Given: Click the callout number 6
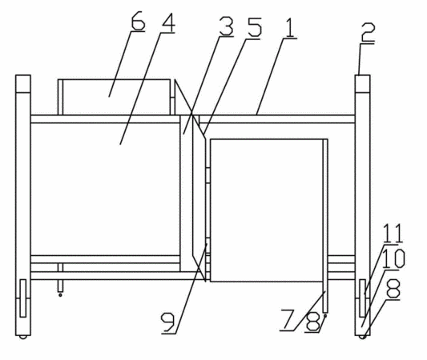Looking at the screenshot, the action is (x=138, y=21).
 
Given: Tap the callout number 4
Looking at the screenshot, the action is (x=168, y=22).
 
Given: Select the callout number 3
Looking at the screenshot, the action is (x=226, y=26).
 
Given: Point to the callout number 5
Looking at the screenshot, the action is (x=253, y=27).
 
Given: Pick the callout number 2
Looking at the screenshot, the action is (x=369, y=32).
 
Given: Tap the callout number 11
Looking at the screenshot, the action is (x=393, y=234).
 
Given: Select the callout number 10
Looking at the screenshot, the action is (x=393, y=258).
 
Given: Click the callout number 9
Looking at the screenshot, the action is (x=168, y=322).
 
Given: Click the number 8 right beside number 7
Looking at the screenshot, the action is (x=312, y=322).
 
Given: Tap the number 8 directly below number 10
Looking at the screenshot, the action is (x=393, y=289).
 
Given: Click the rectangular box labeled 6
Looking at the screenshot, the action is (x=114, y=97).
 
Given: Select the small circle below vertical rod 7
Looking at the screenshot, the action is (x=325, y=315).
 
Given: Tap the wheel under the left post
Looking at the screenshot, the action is (x=23, y=337).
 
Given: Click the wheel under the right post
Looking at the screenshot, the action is (x=362, y=337).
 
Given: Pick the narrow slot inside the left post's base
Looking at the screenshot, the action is (x=23, y=298).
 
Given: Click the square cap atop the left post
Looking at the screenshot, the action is (x=23, y=84).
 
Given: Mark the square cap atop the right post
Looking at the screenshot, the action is (x=362, y=84).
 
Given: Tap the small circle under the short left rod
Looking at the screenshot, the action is (x=60, y=294).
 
